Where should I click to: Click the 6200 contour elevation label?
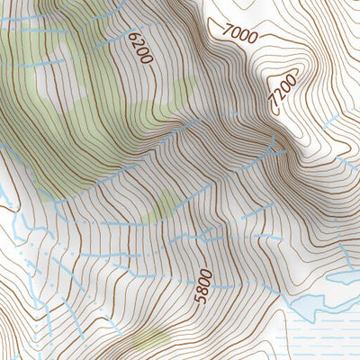[140, 48]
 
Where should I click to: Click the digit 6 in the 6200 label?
[134, 35]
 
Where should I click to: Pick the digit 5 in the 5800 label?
[205, 300]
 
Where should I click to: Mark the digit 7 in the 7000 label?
[225, 30]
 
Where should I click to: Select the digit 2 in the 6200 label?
[138, 43]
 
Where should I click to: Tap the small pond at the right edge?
[344, 278]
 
